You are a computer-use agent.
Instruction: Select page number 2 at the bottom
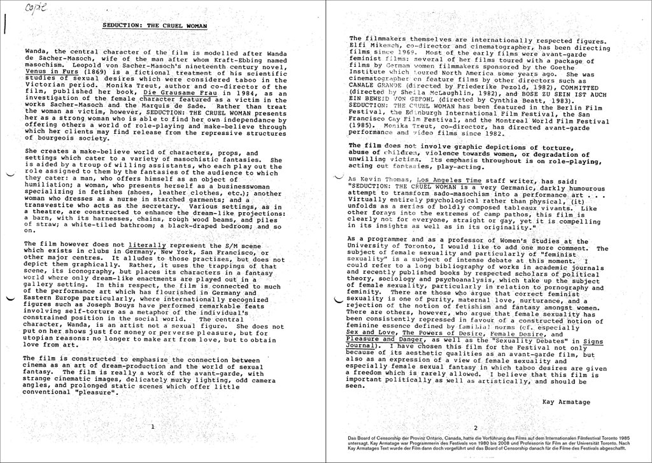tap(475, 427)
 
